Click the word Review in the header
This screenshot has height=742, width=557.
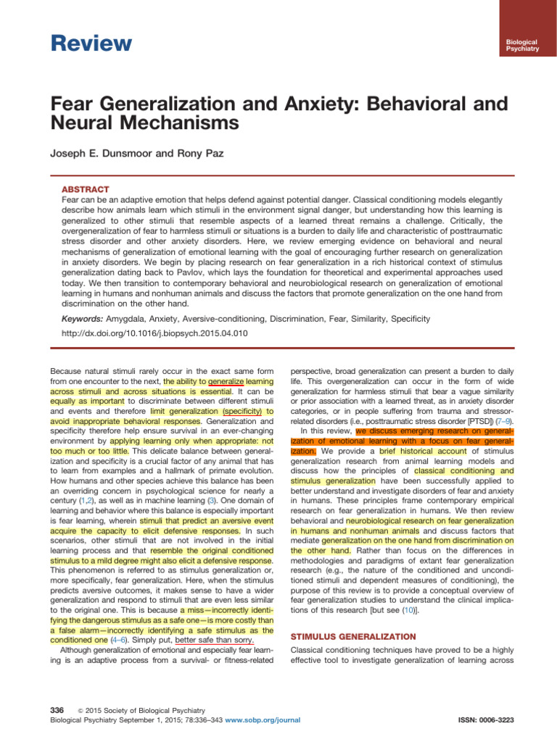[x=92, y=43]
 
